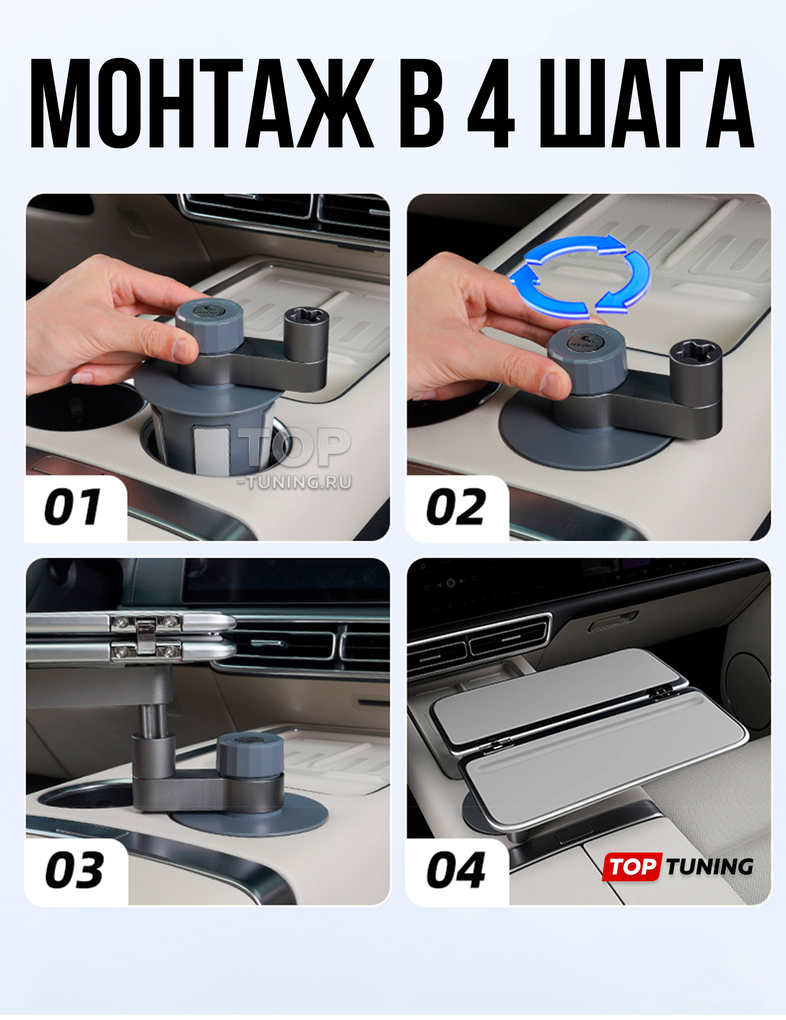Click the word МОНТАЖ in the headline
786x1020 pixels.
coord(202,104)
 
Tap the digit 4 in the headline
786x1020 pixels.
coord(491,104)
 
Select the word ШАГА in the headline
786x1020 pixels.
coord(647,104)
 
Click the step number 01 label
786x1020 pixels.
coord(72,507)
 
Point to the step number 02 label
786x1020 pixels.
coord(455,507)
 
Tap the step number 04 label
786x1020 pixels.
coord(456,870)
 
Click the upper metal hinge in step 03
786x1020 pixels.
coord(145,622)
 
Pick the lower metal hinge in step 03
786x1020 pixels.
coord(145,650)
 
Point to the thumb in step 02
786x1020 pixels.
coord(528,376)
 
